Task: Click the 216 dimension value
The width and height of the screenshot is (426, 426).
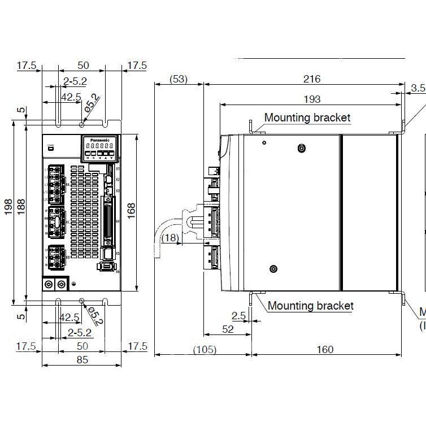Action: pos(311,79)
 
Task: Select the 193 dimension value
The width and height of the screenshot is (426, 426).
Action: pos(311,99)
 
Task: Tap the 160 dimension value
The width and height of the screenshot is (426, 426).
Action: pos(325,350)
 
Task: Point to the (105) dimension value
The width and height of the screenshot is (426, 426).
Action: pos(204,350)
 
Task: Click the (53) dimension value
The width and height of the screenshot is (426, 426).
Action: pos(179,79)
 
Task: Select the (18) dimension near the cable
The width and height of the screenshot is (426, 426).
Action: pos(170,238)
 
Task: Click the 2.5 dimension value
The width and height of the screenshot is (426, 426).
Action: pos(239,316)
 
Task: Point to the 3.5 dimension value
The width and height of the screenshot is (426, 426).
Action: pos(418,88)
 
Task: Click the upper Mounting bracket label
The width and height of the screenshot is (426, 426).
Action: pos(307,118)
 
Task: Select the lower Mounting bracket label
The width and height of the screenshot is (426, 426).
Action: pos(310,306)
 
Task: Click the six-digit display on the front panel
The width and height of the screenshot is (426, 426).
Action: pos(99,146)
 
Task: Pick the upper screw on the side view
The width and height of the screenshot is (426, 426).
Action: pos(302,149)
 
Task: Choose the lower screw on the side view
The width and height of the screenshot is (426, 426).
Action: pos(273,269)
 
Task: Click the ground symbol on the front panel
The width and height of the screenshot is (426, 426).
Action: pos(75,282)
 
